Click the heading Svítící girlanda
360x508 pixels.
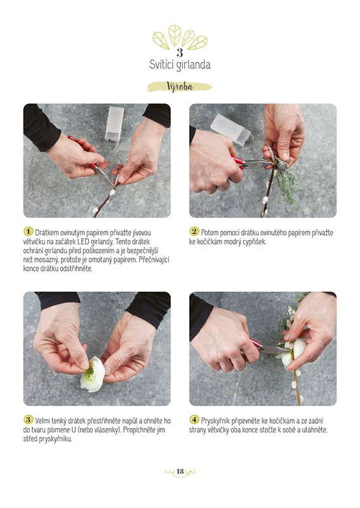click(x=180, y=65)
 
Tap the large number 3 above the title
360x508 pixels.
click(x=180, y=53)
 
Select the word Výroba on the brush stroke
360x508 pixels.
click(x=180, y=86)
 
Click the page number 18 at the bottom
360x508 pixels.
click(x=180, y=471)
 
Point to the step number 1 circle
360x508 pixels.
click(x=29, y=231)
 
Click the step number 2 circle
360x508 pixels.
click(x=194, y=231)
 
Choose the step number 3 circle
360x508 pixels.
click(x=29, y=420)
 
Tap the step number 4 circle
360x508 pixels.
click(x=194, y=420)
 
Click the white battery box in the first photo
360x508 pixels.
click(x=114, y=123)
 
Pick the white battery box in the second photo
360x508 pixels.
click(x=230, y=130)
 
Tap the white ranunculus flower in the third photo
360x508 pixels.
click(x=93, y=374)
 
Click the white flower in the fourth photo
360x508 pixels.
click(x=293, y=352)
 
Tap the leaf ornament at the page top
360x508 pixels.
click(x=180, y=37)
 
